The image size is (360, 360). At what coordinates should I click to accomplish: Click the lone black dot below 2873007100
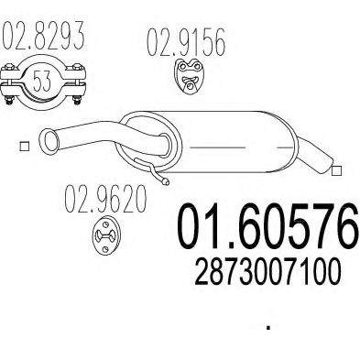(x=267, y=325)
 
